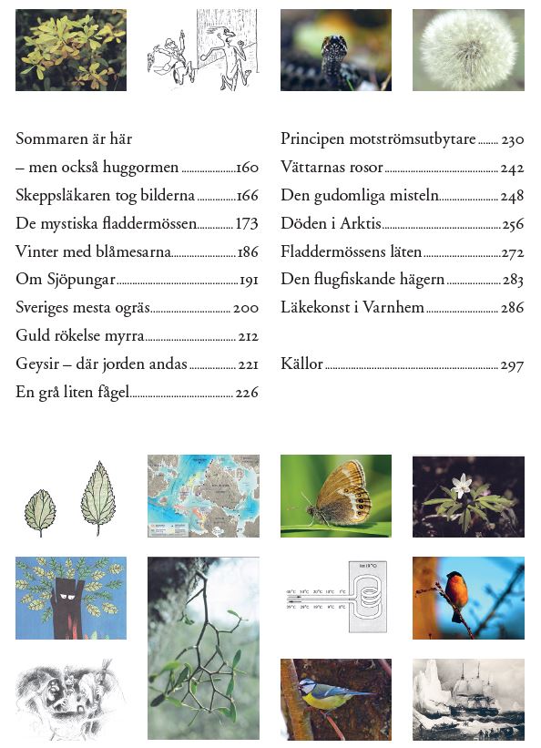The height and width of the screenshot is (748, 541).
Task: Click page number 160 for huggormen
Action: coord(248,169)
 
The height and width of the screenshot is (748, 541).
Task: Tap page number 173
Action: coord(248,224)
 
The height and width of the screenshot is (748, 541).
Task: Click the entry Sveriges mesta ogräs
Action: coord(82,309)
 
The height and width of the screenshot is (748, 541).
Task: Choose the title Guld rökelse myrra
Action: coord(80,337)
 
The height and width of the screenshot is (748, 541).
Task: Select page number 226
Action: coord(248,394)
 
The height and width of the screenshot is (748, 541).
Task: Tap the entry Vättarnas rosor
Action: coord(332,168)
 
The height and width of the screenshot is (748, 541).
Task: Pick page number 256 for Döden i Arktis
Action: coord(512,224)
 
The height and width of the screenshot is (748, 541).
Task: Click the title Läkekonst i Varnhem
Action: coord(352,308)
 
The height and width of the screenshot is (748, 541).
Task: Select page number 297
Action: coord(512,365)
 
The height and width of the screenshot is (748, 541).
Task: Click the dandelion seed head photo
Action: coord(468,50)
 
